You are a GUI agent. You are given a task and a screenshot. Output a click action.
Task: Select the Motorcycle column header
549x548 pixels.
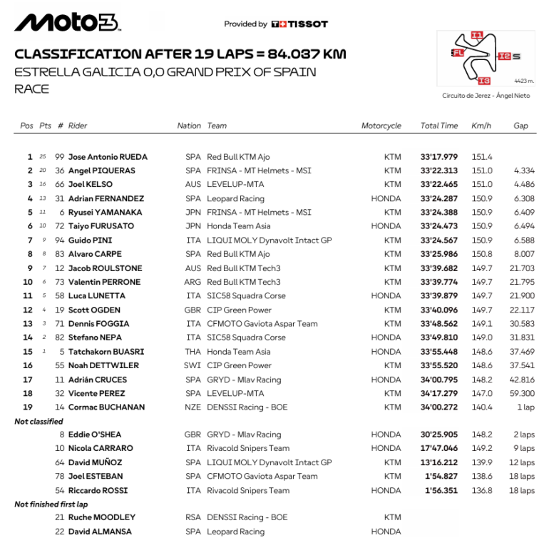pyautogui.click(x=381, y=126)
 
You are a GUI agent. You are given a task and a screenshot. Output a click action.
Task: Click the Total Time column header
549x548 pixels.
pyautogui.click(x=439, y=126)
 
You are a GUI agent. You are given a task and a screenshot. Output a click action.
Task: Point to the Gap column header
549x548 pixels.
pyautogui.click(x=520, y=126)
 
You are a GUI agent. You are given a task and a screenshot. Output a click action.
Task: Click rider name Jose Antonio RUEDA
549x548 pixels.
pyautogui.click(x=108, y=157)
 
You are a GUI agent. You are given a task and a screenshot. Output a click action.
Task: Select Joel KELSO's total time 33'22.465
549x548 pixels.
pyautogui.click(x=439, y=185)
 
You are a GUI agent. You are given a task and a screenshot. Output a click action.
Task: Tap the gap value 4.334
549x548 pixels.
pyautogui.click(x=523, y=171)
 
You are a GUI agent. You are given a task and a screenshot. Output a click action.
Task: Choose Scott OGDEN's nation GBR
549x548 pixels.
pyautogui.click(x=193, y=310)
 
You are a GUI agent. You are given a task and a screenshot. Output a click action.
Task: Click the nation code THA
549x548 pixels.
pyautogui.click(x=193, y=352)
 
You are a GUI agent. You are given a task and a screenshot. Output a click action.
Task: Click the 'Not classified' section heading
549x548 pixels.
pyautogui.click(x=39, y=422)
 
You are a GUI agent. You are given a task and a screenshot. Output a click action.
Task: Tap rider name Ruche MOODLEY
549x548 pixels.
pyautogui.click(x=101, y=517)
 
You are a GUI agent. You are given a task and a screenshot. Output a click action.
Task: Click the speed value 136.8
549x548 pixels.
pyautogui.click(x=481, y=490)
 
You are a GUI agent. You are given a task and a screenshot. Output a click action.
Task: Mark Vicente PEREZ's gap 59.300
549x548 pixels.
pyautogui.click(x=522, y=394)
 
